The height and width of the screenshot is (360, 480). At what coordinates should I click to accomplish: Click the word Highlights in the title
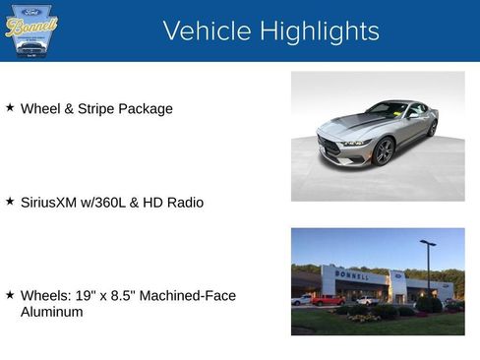pyautogui.click(x=317, y=30)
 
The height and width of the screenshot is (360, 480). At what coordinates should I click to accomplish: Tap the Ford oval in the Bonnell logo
pyautogui.click(x=30, y=10)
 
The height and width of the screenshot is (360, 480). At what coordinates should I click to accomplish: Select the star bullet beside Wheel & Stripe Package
pyautogui.click(x=10, y=107)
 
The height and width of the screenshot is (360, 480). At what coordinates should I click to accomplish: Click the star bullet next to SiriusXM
pyautogui.click(x=10, y=201)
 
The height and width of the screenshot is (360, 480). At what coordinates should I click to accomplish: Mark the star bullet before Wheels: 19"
pyautogui.click(x=10, y=294)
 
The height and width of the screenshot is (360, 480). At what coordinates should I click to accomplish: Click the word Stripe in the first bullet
pyautogui.click(x=91, y=108)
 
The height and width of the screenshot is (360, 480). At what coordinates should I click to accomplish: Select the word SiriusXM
pyautogui.click(x=52, y=203)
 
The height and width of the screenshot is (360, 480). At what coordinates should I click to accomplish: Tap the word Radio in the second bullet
pyautogui.click(x=184, y=203)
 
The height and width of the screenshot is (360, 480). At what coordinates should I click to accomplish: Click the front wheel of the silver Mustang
pyautogui.click(x=384, y=150)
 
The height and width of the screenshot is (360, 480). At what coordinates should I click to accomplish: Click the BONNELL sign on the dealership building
pyautogui.click(x=352, y=275)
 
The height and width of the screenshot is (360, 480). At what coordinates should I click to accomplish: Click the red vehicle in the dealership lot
pyautogui.click(x=327, y=300)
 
